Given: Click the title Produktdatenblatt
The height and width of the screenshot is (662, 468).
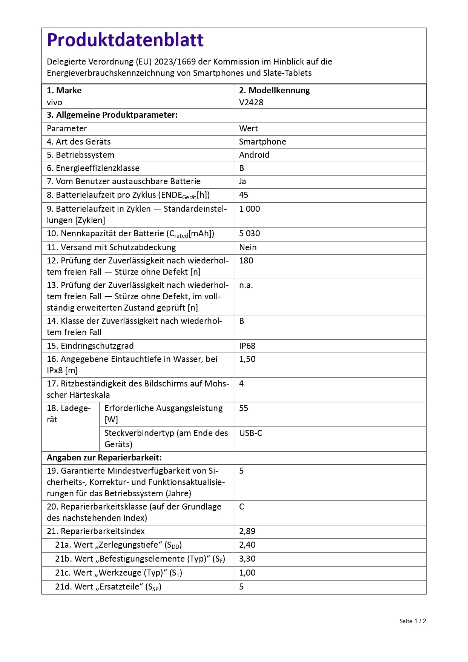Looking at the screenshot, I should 125,40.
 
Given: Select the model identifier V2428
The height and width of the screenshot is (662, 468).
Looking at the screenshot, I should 251,102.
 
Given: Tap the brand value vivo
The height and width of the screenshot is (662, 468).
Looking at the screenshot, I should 54,102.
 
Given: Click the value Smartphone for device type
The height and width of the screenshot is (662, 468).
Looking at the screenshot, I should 262,142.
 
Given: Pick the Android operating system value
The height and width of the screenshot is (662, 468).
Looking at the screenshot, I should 254,155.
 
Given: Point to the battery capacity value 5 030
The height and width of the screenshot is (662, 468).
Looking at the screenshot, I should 249,233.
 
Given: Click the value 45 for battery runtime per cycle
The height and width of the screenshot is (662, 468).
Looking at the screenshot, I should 244,195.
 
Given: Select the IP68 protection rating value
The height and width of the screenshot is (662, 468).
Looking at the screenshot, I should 247,346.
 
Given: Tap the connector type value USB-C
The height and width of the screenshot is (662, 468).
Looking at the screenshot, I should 250,433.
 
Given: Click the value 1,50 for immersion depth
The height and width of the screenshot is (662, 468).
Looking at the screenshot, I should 247,359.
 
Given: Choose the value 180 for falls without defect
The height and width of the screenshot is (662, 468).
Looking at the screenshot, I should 246,260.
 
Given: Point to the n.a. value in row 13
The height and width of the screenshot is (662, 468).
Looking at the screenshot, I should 246,285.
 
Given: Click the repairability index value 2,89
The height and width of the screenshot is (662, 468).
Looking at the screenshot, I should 247,531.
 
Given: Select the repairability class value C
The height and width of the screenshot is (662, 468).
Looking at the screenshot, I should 242,507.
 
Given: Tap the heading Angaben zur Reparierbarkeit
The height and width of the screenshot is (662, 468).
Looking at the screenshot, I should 104,457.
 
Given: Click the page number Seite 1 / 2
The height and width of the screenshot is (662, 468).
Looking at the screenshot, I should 413,621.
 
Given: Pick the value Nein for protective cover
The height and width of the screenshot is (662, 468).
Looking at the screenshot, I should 248,247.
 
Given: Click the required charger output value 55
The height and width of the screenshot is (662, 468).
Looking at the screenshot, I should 244,408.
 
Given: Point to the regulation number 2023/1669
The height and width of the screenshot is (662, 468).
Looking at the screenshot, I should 175,62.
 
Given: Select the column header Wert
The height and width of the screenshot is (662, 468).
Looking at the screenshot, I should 249,128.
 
